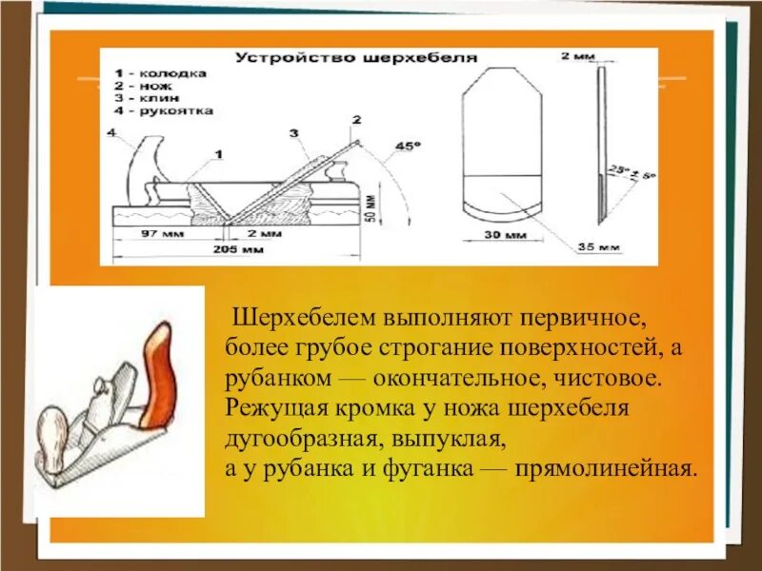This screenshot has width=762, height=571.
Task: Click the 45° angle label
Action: [x=407, y=147]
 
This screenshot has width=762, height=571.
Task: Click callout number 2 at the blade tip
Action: [x=356, y=121]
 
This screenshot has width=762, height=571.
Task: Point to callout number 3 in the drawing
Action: [x=294, y=133]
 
